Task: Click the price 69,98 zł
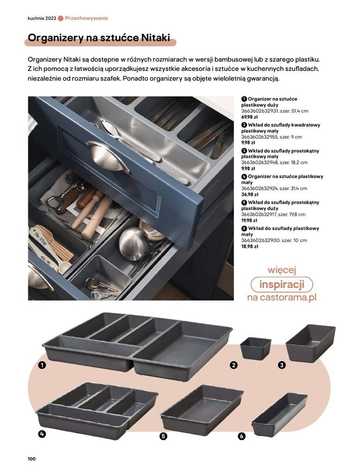[x=249, y=117]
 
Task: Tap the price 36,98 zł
[x=250, y=194]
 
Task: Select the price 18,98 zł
[x=250, y=246]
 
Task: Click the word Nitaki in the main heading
[x=155, y=37]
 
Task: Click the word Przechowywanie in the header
[x=86, y=18]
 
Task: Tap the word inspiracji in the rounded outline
[x=282, y=285]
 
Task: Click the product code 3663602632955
[x=260, y=137]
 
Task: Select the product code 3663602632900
[x=260, y=240]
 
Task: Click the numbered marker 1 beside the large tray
[x=42, y=365]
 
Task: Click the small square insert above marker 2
[x=255, y=348]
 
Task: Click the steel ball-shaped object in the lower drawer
[x=133, y=244]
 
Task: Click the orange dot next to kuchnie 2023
[x=61, y=19]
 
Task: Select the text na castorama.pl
[x=282, y=297]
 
